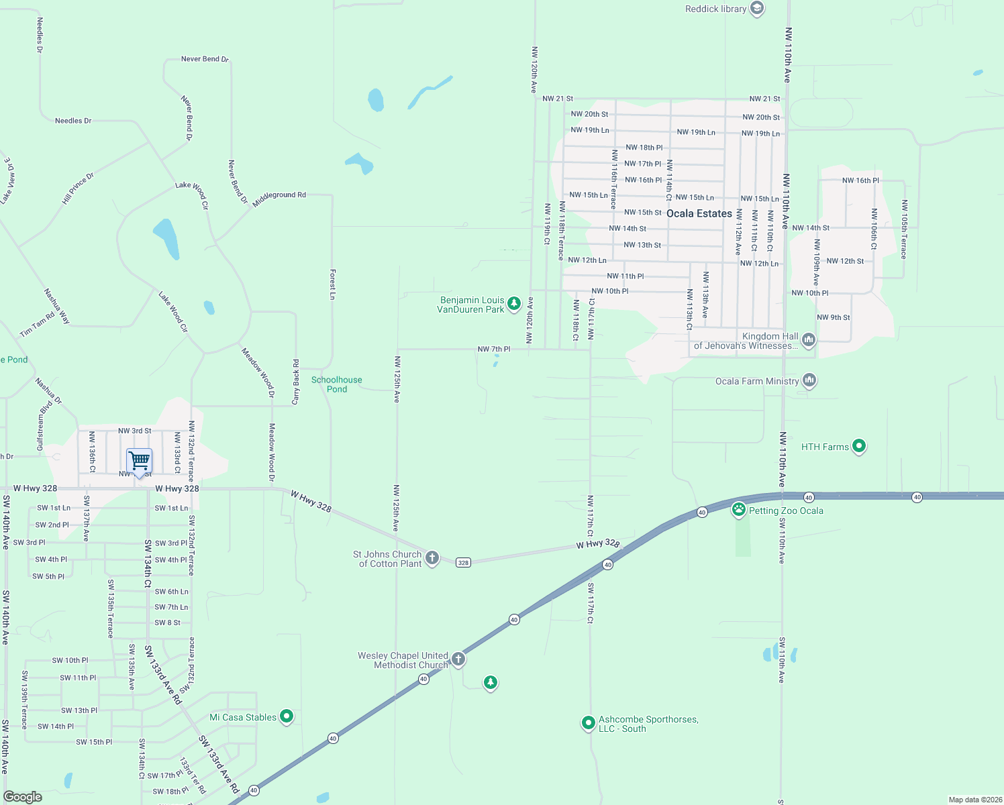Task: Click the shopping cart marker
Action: coord(139,462)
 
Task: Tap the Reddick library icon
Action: coord(757,9)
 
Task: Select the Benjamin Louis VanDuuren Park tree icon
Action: coord(514,304)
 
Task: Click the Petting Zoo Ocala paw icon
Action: coord(739,510)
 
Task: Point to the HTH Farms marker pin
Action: coord(859,446)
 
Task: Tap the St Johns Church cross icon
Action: coord(432,557)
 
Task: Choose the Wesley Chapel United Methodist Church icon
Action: coord(458,659)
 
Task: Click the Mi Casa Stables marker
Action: coord(287,716)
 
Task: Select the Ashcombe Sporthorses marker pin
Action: coord(588,722)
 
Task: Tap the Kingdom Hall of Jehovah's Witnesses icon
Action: coord(809,340)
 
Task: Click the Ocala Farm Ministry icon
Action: coord(809,380)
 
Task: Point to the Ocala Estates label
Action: coord(699,213)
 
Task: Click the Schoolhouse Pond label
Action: coord(337,384)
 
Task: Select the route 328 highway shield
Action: coord(463,562)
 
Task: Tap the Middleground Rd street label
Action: coord(279,198)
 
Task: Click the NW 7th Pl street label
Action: coord(494,349)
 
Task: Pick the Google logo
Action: coord(22,796)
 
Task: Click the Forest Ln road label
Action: coord(332,284)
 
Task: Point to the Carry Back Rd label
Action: coord(296,382)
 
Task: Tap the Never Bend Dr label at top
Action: coord(205,59)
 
